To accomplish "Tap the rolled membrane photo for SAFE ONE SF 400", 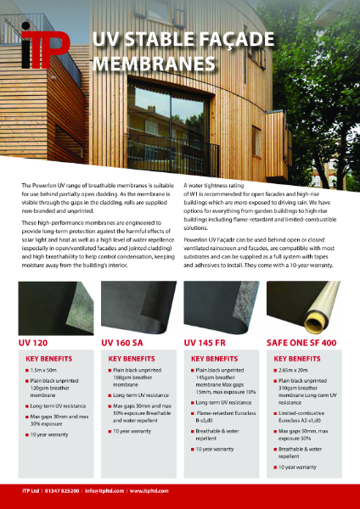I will tap(307, 309).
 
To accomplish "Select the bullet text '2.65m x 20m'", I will tap(301, 372).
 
